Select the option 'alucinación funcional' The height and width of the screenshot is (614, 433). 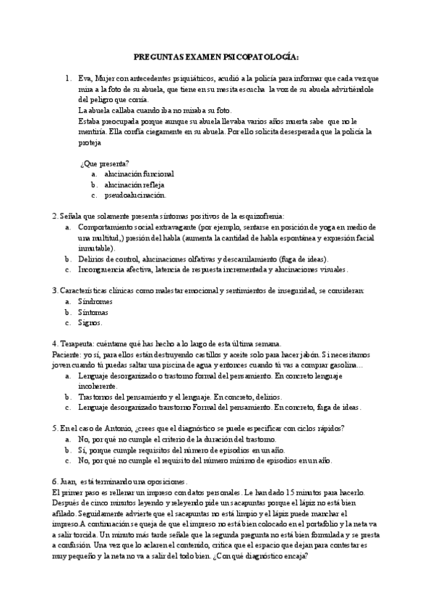pos(139,174)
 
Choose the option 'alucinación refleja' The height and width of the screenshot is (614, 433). pos(134,185)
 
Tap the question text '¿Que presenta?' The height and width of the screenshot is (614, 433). pos(105,163)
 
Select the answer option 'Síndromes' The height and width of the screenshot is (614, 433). pos(96,301)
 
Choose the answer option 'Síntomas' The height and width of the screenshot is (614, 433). pos(95,312)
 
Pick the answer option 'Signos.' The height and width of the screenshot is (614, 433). pos(90,323)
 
